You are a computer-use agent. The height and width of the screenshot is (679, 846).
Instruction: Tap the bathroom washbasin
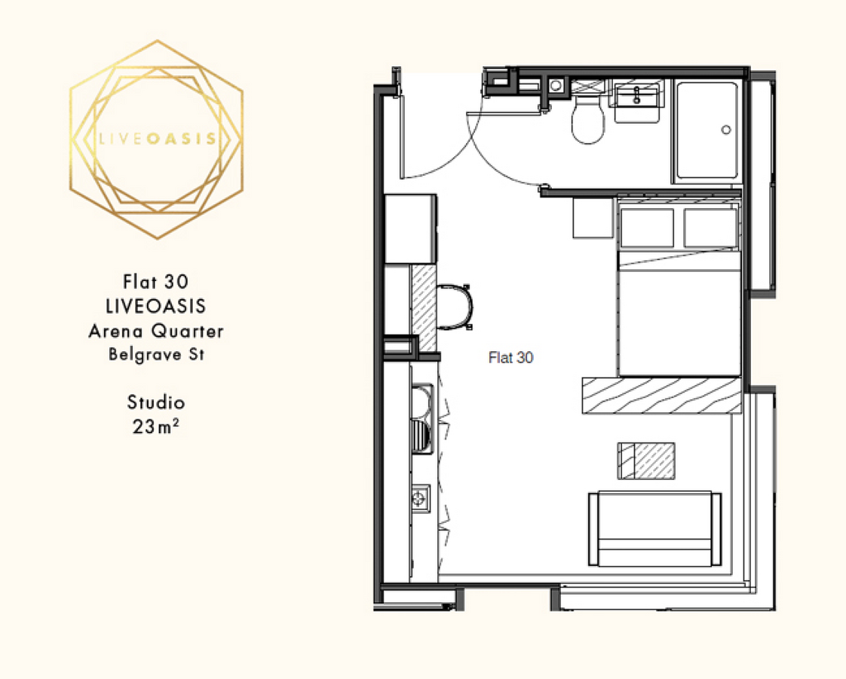click(x=637, y=102)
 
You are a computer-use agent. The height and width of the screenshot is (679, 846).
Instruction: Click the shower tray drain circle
click(x=725, y=130)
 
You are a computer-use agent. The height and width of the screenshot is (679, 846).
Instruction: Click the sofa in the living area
click(x=654, y=529)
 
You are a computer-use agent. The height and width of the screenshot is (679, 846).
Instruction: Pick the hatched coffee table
click(x=646, y=461)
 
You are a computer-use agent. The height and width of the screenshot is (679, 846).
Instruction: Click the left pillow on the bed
click(x=647, y=227)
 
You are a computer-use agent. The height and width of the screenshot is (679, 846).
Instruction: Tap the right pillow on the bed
click(x=710, y=227)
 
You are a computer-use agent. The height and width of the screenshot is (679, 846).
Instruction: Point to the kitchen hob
click(x=421, y=499)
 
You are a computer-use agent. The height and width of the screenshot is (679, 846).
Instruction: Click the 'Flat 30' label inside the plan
click(x=511, y=358)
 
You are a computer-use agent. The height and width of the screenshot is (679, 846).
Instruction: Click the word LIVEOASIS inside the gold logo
click(x=158, y=139)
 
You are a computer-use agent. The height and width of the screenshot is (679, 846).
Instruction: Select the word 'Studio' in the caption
click(x=156, y=402)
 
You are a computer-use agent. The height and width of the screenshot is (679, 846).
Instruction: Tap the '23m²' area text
click(x=156, y=426)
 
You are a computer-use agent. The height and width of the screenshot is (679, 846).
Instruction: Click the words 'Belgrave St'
click(x=156, y=354)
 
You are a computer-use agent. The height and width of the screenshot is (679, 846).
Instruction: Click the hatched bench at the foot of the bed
click(x=662, y=396)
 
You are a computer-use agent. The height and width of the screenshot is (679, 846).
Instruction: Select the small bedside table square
click(x=593, y=217)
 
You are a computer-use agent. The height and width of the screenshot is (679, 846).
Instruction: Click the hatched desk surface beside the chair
click(x=424, y=307)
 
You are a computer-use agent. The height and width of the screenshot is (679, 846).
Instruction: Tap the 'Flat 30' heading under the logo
click(x=155, y=282)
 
